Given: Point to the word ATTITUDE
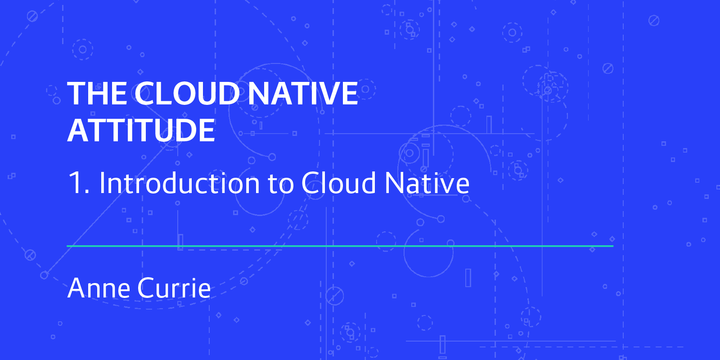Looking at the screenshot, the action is (141, 130).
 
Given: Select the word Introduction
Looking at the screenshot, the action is (180, 182).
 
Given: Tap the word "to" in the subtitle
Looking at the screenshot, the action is (281, 184).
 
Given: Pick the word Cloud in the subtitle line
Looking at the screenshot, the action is (339, 182).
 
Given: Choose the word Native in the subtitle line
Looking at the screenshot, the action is (427, 182).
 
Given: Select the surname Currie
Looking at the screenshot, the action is (174, 288).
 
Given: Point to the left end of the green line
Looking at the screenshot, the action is (67, 246).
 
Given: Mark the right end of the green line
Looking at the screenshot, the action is (613, 246).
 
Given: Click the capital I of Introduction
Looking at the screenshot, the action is (102, 183).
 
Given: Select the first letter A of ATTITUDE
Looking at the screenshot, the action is (78, 130).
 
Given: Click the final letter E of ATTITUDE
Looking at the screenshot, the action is (207, 130).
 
